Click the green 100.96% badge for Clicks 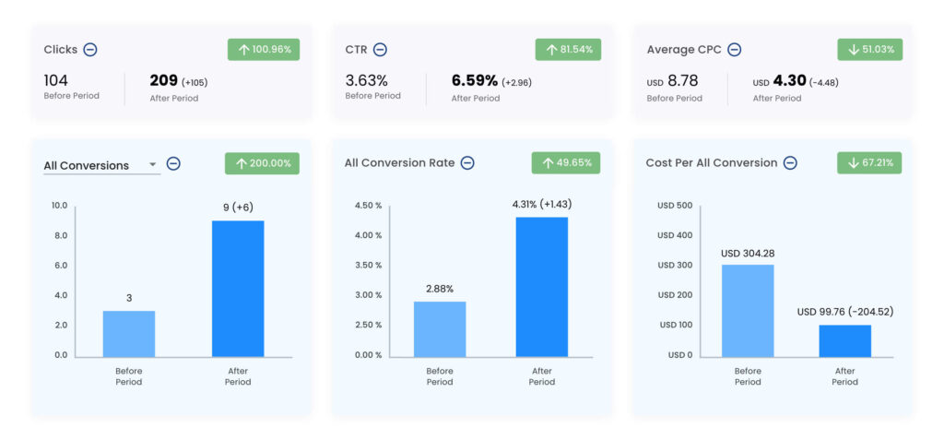[x=264, y=50]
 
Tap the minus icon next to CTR [x=380, y=50]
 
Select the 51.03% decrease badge [x=869, y=50]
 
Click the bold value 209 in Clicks [x=163, y=81]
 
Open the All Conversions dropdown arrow [x=152, y=166]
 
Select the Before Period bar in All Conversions [x=128, y=334]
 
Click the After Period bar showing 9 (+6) [x=237, y=289]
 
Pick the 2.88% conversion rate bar [x=440, y=329]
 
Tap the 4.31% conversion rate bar [x=542, y=287]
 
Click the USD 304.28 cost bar [x=747, y=311]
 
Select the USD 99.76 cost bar [x=844, y=340]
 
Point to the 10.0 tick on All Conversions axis [x=59, y=206]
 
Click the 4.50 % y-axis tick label [x=367, y=206]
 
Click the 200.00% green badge [x=262, y=163]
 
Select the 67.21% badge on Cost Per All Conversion [x=869, y=163]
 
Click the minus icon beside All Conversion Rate [x=467, y=163]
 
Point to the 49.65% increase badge [x=566, y=163]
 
